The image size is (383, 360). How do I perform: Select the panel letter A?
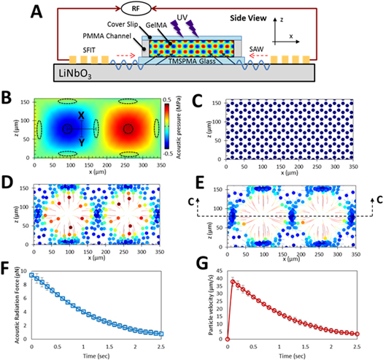click(16, 10)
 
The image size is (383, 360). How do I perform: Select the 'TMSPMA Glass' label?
click(194, 65)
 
